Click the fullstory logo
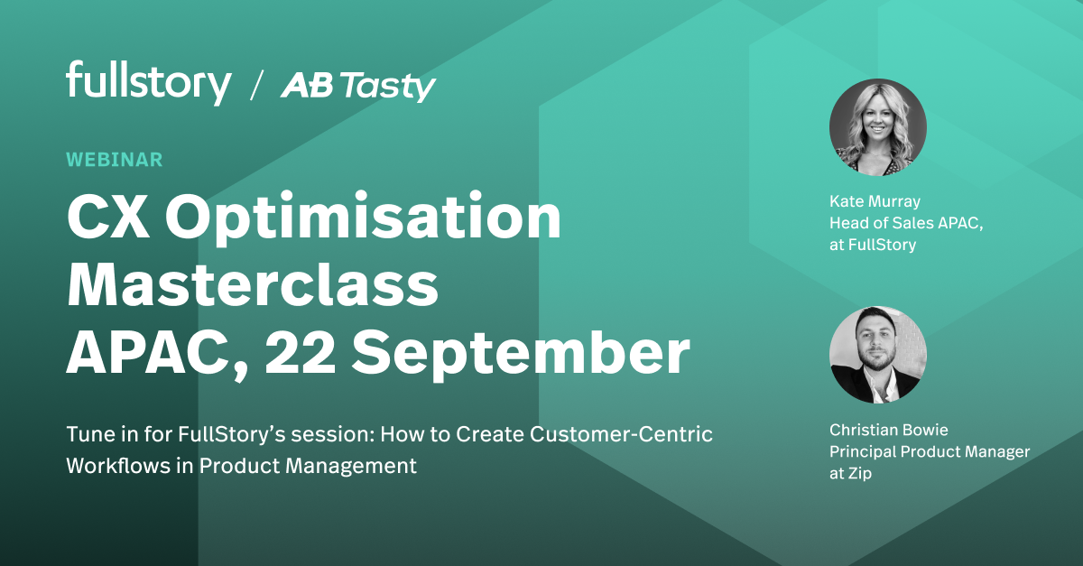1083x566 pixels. (149, 83)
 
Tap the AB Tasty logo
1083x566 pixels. (358, 87)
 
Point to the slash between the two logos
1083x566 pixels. (256, 87)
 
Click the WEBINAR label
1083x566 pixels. (115, 160)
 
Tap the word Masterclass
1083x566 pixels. (253, 285)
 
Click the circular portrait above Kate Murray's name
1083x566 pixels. (877, 127)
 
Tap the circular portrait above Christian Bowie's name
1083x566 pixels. (877, 355)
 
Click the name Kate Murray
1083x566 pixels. (875, 201)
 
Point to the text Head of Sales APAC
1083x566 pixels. (904, 223)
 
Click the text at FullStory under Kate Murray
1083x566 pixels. (873, 245)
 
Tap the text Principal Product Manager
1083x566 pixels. (930, 451)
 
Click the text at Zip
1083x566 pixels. (850, 473)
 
